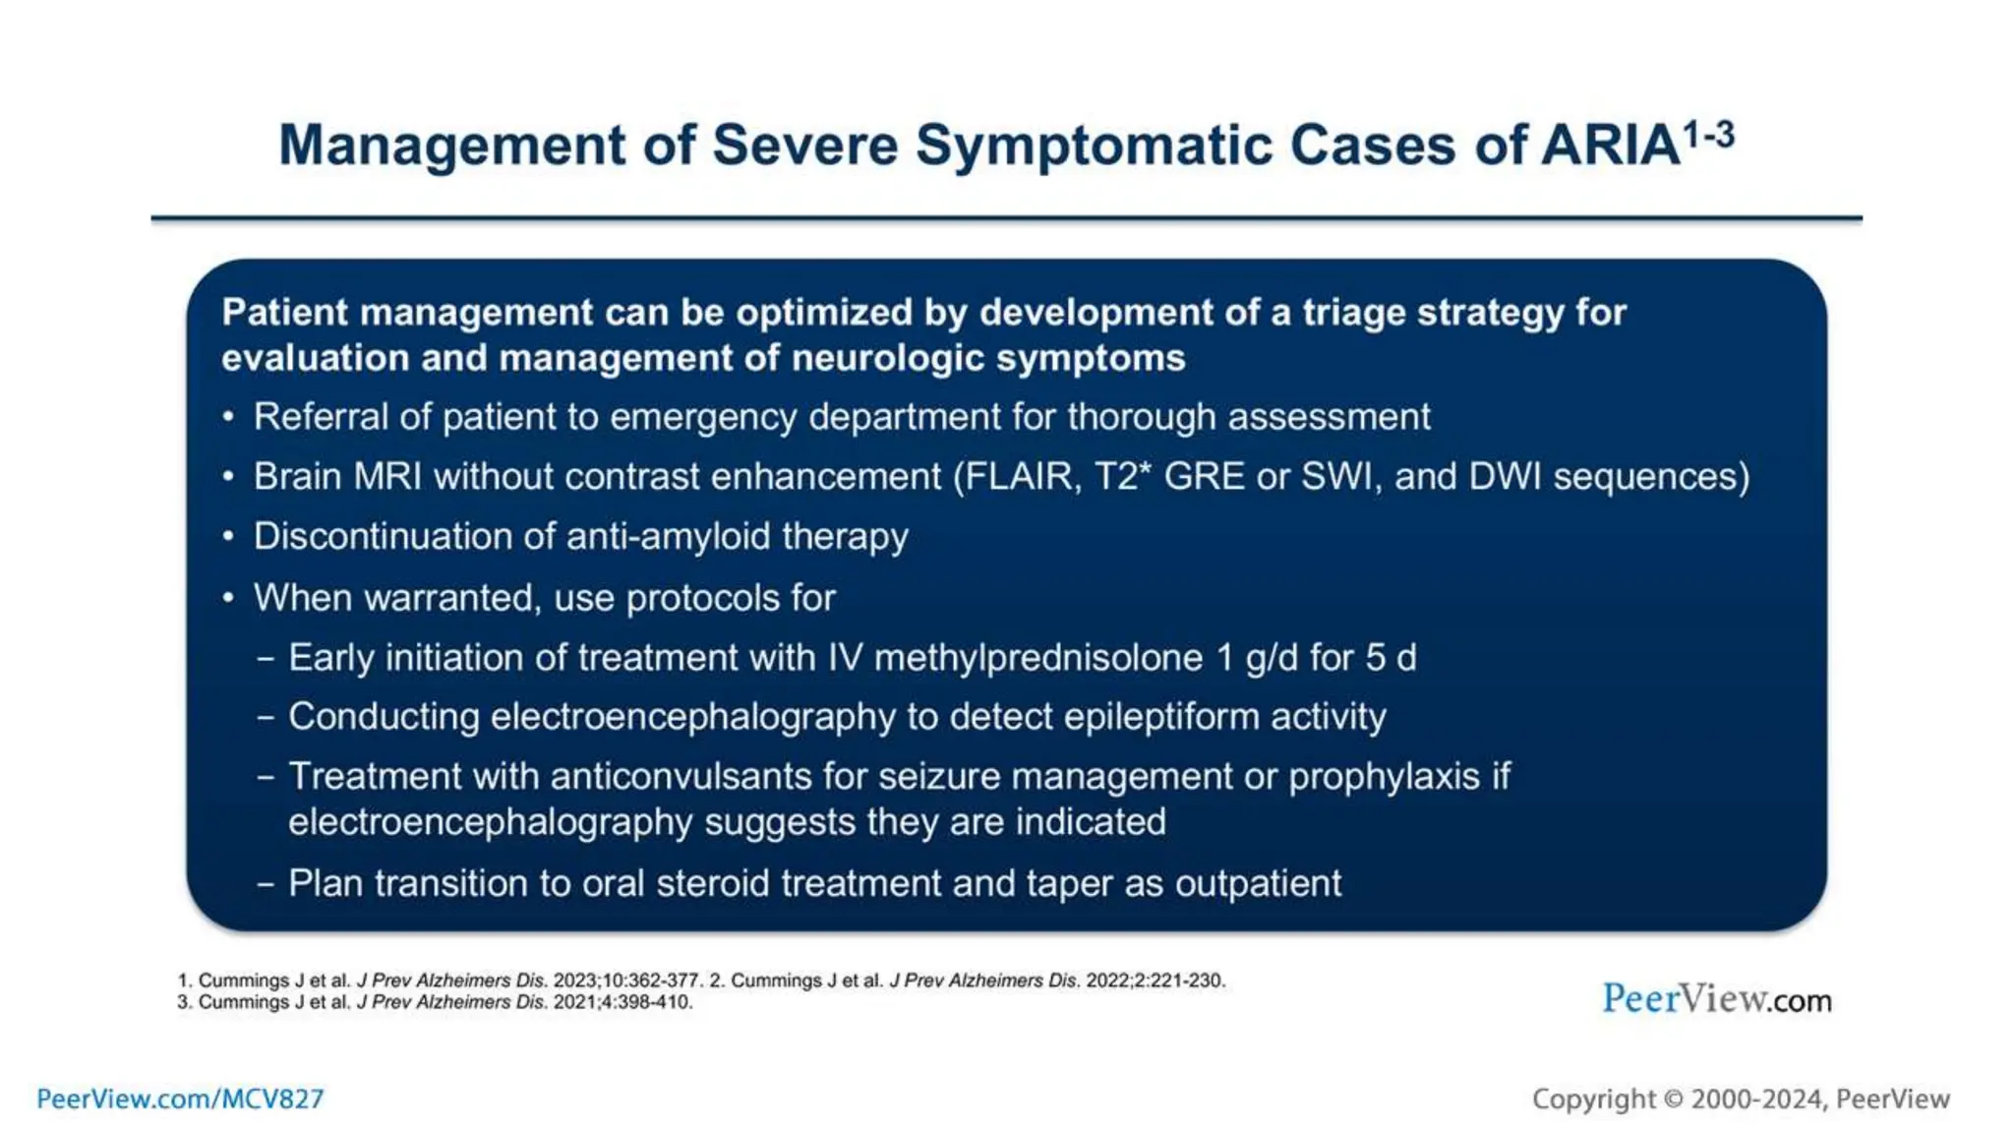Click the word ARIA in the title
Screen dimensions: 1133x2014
[x=1609, y=147]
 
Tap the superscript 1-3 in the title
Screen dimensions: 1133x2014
[x=1708, y=135]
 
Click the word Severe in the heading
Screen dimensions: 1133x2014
[x=804, y=147]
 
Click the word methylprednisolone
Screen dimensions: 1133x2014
[x=1038, y=658]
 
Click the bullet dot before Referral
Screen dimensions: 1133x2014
[x=228, y=418]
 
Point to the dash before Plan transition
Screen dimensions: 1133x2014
[x=266, y=883]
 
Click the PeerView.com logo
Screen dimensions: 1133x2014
[x=1716, y=999]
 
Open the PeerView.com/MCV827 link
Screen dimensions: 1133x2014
[x=180, y=1099]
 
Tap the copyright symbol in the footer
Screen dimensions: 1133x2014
[x=1673, y=1100]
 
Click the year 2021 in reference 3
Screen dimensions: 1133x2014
[x=573, y=1002]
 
